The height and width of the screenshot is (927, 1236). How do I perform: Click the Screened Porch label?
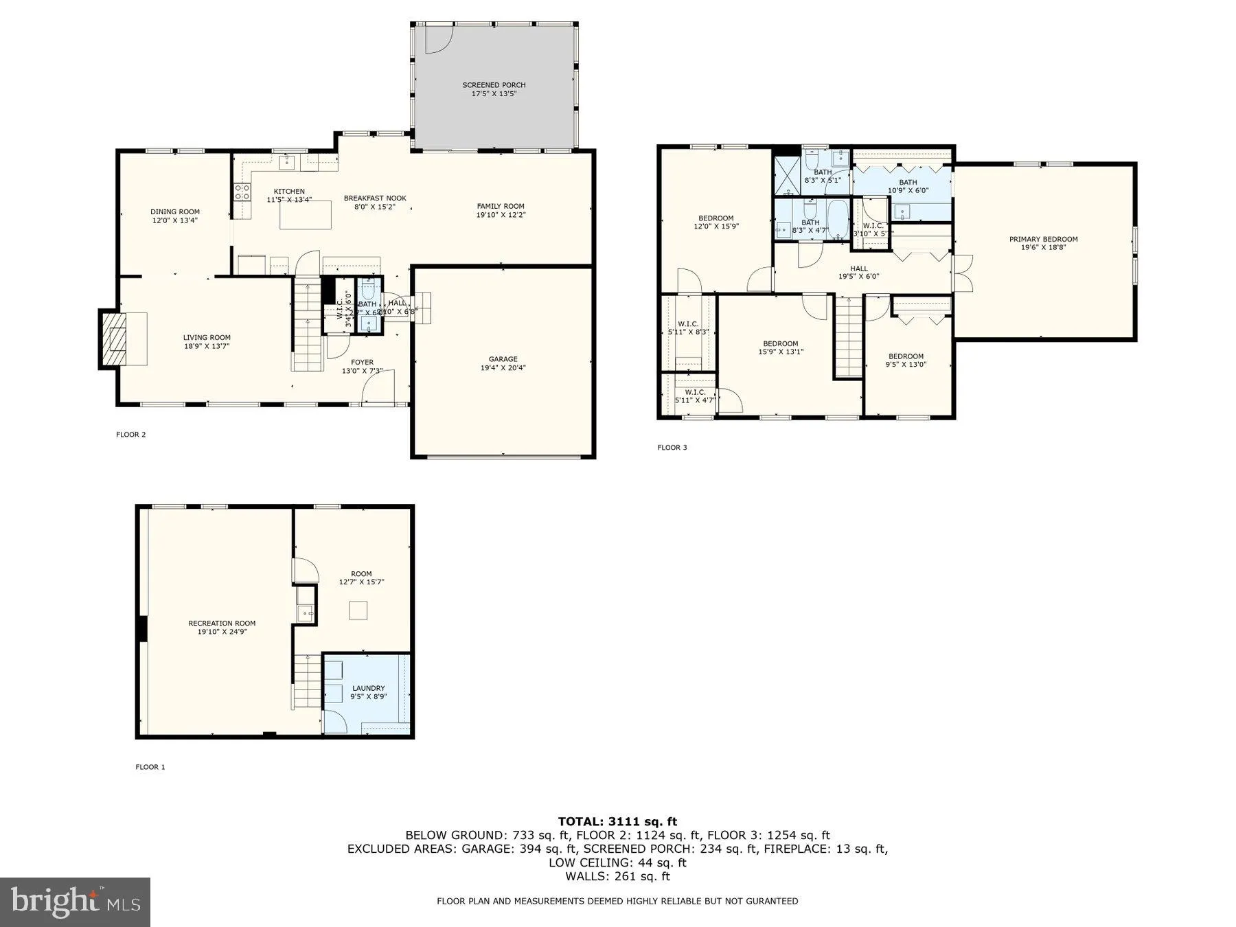click(494, 85)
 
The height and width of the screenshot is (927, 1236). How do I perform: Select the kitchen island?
click(305, 216)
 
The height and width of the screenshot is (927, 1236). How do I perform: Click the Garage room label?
click(503, 359)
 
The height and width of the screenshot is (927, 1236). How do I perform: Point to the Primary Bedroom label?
click(1042, 239)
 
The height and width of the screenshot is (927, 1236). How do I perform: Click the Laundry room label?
click(368, 688)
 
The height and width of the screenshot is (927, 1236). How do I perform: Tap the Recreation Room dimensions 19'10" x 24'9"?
click(222, 632)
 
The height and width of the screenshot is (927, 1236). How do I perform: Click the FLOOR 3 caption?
click(672, 448)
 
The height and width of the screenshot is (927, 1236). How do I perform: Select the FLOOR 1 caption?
click(150, 767)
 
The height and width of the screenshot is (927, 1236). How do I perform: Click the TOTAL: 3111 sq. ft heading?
click(617, 821)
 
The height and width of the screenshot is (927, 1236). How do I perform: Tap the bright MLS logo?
click(75, 902)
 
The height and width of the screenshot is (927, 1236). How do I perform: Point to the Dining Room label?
click(175, 211)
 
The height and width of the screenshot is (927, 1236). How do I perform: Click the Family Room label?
click(501, 206)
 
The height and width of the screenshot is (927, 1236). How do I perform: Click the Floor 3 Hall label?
click(858, 268)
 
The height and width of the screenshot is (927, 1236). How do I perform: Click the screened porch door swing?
click(437, 38)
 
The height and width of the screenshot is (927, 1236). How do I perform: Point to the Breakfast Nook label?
click(375, 198)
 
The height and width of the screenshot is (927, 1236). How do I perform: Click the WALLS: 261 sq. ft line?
click(617, 876)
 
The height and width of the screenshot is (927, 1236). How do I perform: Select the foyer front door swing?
click(378, 387)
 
